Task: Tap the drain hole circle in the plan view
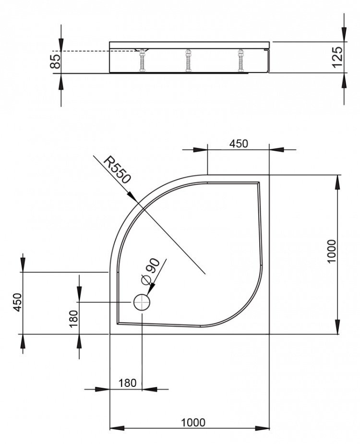click(x=141, y=302)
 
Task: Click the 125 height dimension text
click(x=337, y=57)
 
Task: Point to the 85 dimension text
click(x=55, y=61)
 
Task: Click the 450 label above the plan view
click(x=239, y=144)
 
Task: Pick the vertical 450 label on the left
click(x=18, y=302)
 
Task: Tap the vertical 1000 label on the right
click(x=331, y=252)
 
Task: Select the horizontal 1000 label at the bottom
click(x=193, y=423)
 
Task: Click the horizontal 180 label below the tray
click(x=128, y=383)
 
